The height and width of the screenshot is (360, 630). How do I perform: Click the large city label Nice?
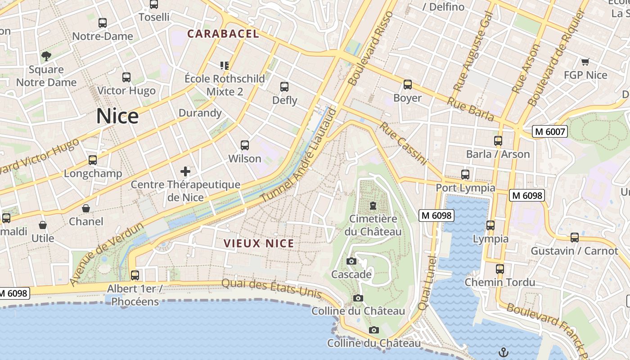[117, 116]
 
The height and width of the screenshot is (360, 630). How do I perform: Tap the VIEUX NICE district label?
[259, 244]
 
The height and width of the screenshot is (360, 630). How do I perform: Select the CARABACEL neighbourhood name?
[223, 34]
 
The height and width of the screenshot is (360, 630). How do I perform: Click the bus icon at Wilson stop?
[245, 145]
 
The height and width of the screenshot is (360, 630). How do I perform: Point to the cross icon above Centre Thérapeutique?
[185, 171]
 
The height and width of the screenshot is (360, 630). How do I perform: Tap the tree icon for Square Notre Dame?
[46, 56]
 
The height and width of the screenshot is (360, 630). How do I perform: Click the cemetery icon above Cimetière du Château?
[373, 206]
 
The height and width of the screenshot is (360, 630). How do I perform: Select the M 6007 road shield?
[549, 131]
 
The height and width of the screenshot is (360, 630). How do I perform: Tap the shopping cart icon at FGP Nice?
[585, 62]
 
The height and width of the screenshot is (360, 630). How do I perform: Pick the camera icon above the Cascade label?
[351, 261]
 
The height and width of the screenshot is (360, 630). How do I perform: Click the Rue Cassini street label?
[403, 143]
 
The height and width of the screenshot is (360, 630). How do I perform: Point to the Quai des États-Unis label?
[272, 288]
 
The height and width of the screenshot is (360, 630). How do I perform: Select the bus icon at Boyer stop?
[408, 85]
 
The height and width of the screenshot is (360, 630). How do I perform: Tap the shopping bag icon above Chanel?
[85, 208]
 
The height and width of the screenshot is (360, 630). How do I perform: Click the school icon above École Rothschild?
[225, 66]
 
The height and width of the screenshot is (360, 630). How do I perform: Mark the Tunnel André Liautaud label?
[299, 155]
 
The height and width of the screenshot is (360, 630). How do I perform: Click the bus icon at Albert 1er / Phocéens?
[135, 275]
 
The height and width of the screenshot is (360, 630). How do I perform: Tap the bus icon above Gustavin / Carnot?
[575, 237]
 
